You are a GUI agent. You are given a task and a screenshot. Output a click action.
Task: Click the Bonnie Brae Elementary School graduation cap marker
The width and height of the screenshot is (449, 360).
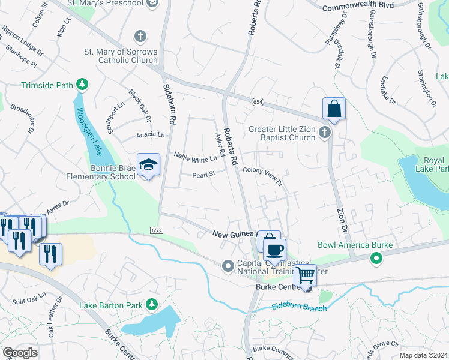coord(148,165)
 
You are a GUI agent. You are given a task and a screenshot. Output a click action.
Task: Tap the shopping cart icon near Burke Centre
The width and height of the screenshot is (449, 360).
coord(306,275)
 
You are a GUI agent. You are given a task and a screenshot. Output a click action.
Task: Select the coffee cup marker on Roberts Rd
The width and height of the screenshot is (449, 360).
coord(274,249)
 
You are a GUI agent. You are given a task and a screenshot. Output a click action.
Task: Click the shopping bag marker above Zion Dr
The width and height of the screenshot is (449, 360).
coord(334,109)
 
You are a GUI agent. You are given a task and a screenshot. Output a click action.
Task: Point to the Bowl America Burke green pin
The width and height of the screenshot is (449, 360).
coord(376,259)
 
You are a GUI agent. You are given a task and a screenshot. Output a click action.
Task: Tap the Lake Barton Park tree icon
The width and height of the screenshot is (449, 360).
coord(153,304)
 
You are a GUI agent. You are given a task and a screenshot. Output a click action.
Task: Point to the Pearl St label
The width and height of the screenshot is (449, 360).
coord(203,176)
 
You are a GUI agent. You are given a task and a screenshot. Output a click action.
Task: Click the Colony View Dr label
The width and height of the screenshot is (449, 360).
coord(262,176)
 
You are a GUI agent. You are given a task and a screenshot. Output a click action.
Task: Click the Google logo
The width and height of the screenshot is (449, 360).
coord(20,353)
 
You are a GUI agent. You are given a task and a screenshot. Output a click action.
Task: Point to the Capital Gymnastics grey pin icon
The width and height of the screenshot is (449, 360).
coord(228,265)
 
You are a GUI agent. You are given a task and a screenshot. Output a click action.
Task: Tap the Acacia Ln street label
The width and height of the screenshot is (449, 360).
coord(150,135)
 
